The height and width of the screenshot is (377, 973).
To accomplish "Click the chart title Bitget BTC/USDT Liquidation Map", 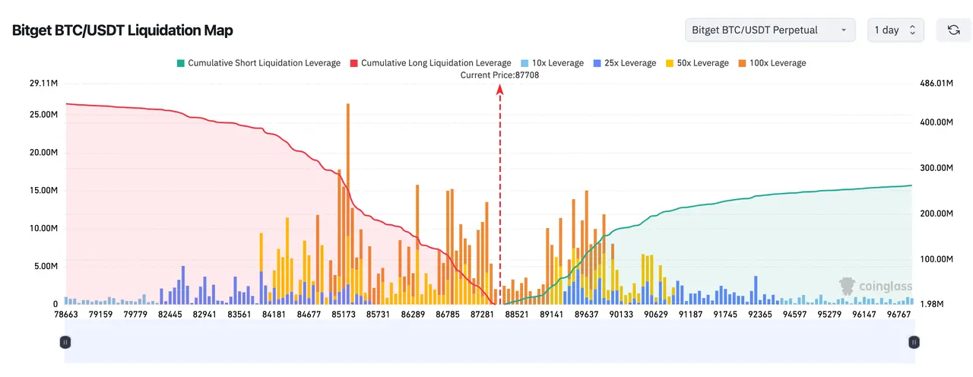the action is (x=122, y=30).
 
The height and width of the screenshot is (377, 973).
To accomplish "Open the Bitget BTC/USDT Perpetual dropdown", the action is (x=770, y=30).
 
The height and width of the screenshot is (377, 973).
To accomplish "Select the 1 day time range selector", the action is (x=895, y=30).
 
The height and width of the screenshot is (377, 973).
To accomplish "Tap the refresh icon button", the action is (x=953, y=30).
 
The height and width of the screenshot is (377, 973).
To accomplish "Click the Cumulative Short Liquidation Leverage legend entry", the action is (x=259, y=63).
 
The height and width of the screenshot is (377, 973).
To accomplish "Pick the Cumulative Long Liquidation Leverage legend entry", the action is (x=431, y=63).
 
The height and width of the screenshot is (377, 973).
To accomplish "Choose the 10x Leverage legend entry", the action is (x=552, y=63).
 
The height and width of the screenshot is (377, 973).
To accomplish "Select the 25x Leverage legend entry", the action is (x=625, y=63).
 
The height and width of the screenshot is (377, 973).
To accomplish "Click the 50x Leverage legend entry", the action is (x=697, y=63).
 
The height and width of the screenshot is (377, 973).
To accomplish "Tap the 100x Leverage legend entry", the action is (x=772, y=63).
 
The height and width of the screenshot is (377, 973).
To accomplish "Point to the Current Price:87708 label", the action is (x=499, y=75).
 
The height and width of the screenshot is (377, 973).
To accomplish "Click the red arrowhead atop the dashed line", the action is (x=500, y=90).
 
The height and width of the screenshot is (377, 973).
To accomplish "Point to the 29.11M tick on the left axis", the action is (x=43, y=83).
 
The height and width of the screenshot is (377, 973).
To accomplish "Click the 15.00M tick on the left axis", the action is (x=43, y=190).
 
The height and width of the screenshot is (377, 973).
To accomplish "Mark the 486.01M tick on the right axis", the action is (x=937, y=83).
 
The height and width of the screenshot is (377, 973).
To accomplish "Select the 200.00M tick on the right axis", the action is (x=937, y=214).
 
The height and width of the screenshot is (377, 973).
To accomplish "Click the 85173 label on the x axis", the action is (x=343, y=314).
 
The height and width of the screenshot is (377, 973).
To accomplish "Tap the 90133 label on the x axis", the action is (x=621, y=314).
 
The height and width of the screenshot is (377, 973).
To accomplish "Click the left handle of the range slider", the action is (x=65, y=342).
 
